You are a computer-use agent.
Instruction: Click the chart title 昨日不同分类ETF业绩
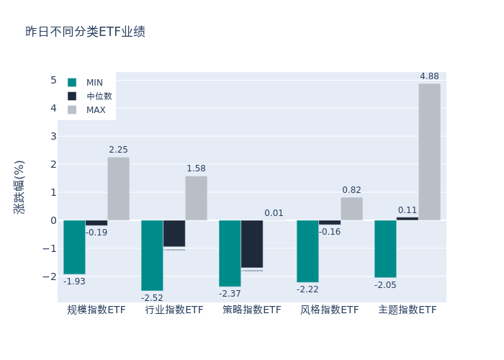tap(85, 32)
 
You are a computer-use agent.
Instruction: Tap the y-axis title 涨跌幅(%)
tap(19, 186)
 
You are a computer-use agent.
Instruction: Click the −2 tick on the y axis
tap(50, 276)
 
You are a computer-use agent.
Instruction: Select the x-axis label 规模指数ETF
tap(96, 310)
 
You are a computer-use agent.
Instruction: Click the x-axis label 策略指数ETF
tap(252, 310)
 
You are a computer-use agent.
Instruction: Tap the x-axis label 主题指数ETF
tap(408, 310)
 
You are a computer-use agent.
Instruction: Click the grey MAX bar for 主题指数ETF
tap(429, 152)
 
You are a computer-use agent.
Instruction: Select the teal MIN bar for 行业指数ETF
tap(152, 256)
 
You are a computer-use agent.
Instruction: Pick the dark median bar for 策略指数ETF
tap(252, 244)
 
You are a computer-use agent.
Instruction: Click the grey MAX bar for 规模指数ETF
tap(118, 189)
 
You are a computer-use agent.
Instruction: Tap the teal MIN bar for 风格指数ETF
tap(307, 251)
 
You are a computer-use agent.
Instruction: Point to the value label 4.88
tap(429, 76)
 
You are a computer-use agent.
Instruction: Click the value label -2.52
tap(152, 298)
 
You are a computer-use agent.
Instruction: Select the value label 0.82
tap(351, 190)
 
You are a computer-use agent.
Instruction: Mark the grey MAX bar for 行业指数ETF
tap(196, 198)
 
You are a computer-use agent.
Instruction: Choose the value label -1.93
tap(74, 282)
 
